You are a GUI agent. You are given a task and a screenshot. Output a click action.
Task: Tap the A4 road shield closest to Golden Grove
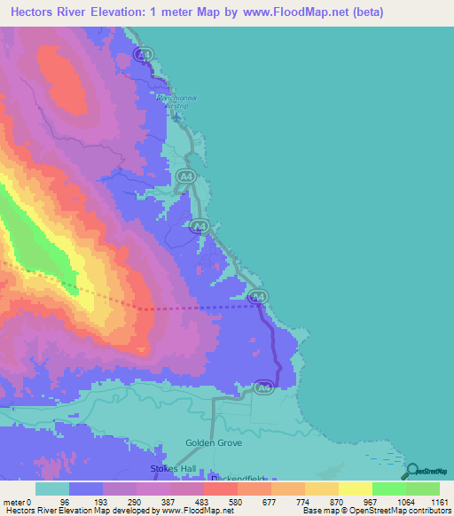(x=263, y=387)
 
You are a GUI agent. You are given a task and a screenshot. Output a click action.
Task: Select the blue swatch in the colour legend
(x=86, y=489)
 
